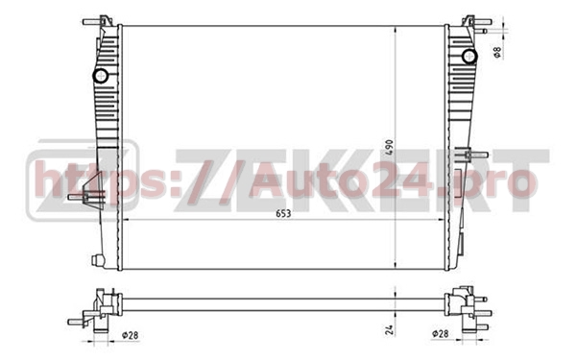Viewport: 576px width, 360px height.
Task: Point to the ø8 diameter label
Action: tap(497, 52)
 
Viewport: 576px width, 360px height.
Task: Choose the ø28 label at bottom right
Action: tap(441, 334)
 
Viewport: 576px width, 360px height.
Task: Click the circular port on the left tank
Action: tap(100, 76)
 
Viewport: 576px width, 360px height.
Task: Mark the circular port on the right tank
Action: tap(469, 57)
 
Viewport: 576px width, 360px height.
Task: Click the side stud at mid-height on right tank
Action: tap(470, 154)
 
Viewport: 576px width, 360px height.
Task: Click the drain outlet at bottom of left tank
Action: tap(96, 259)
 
